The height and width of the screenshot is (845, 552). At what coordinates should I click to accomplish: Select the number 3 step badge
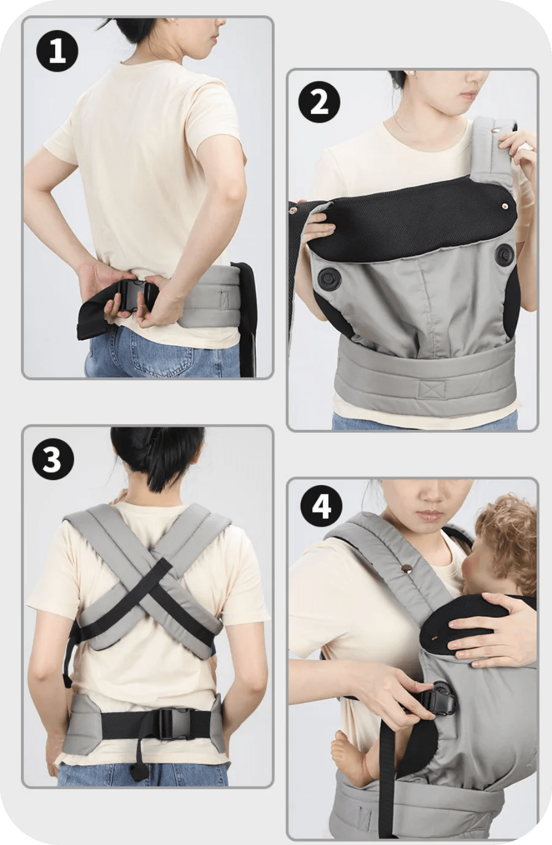coord(53,459)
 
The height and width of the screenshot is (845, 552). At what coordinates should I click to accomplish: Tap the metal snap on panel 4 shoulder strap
coord(404,570)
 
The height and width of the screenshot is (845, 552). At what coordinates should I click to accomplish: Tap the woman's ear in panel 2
coord(410,80)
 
